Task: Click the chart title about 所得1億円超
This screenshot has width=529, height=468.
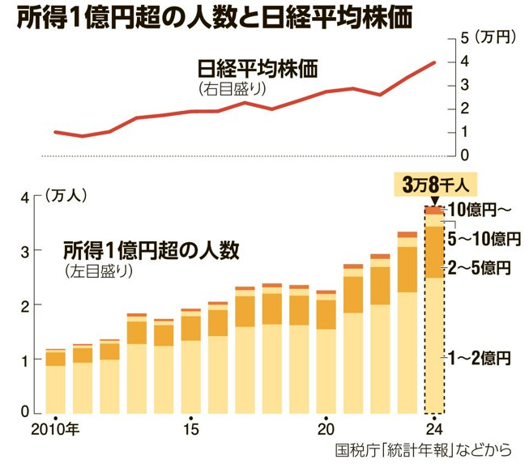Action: coord(207,17)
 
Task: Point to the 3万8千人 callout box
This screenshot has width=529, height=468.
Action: coord(435,183)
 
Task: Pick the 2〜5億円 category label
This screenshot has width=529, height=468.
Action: coord(480,267)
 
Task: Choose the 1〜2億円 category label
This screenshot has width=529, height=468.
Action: coord(480,356)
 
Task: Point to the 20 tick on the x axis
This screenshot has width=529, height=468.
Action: coord(326,428)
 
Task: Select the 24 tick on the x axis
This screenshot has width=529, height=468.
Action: coord(435,428)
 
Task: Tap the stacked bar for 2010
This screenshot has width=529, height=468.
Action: coord(55,381)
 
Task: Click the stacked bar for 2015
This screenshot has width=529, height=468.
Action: coord(191,364)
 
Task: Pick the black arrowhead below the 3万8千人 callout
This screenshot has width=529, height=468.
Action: coord(435,201)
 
